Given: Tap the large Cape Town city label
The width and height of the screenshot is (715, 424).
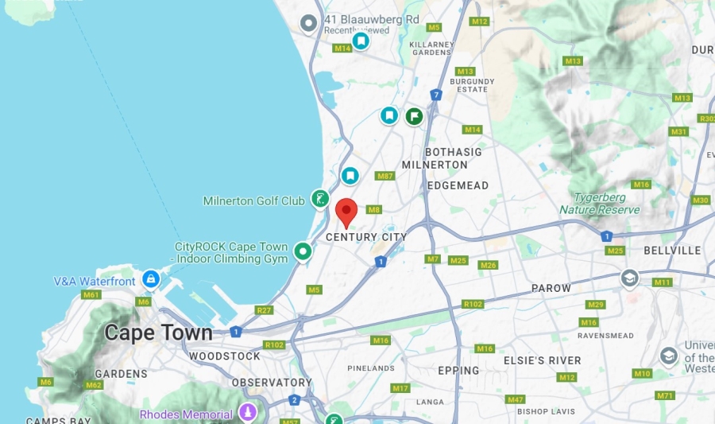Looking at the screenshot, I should point(158,333).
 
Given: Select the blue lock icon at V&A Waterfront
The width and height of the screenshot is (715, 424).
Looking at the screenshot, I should point(150,279).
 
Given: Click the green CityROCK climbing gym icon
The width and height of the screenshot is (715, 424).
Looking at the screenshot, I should point(303,251).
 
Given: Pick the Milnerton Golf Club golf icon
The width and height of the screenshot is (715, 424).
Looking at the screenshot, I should point(320,199).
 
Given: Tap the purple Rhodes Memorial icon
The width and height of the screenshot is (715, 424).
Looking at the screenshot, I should point(249,413).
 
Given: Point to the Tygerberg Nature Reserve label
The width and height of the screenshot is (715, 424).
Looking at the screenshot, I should point(599,204).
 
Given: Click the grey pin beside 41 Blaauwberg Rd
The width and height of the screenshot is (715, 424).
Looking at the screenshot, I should point(308,24).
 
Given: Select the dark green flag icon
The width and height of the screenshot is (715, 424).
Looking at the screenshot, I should point(414,116).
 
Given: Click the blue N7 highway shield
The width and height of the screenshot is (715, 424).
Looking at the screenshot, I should point(436,95).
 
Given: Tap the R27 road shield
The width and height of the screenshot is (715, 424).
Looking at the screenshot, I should point(265,309).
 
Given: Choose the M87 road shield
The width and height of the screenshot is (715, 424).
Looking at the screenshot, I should point(385,176).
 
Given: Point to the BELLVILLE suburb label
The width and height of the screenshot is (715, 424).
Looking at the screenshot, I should point(672,251).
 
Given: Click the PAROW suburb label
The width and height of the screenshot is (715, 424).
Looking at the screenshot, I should point(551,288).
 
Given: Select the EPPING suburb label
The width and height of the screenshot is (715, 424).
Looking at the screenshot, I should point(458,371).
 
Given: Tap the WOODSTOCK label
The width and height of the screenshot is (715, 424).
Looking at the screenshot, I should point(225,356).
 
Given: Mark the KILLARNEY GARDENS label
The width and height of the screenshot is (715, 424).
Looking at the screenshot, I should point(430,49).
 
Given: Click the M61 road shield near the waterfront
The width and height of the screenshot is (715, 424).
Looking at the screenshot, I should point(91,295).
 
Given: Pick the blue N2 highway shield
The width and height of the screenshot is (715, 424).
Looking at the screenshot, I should point(295,400).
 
